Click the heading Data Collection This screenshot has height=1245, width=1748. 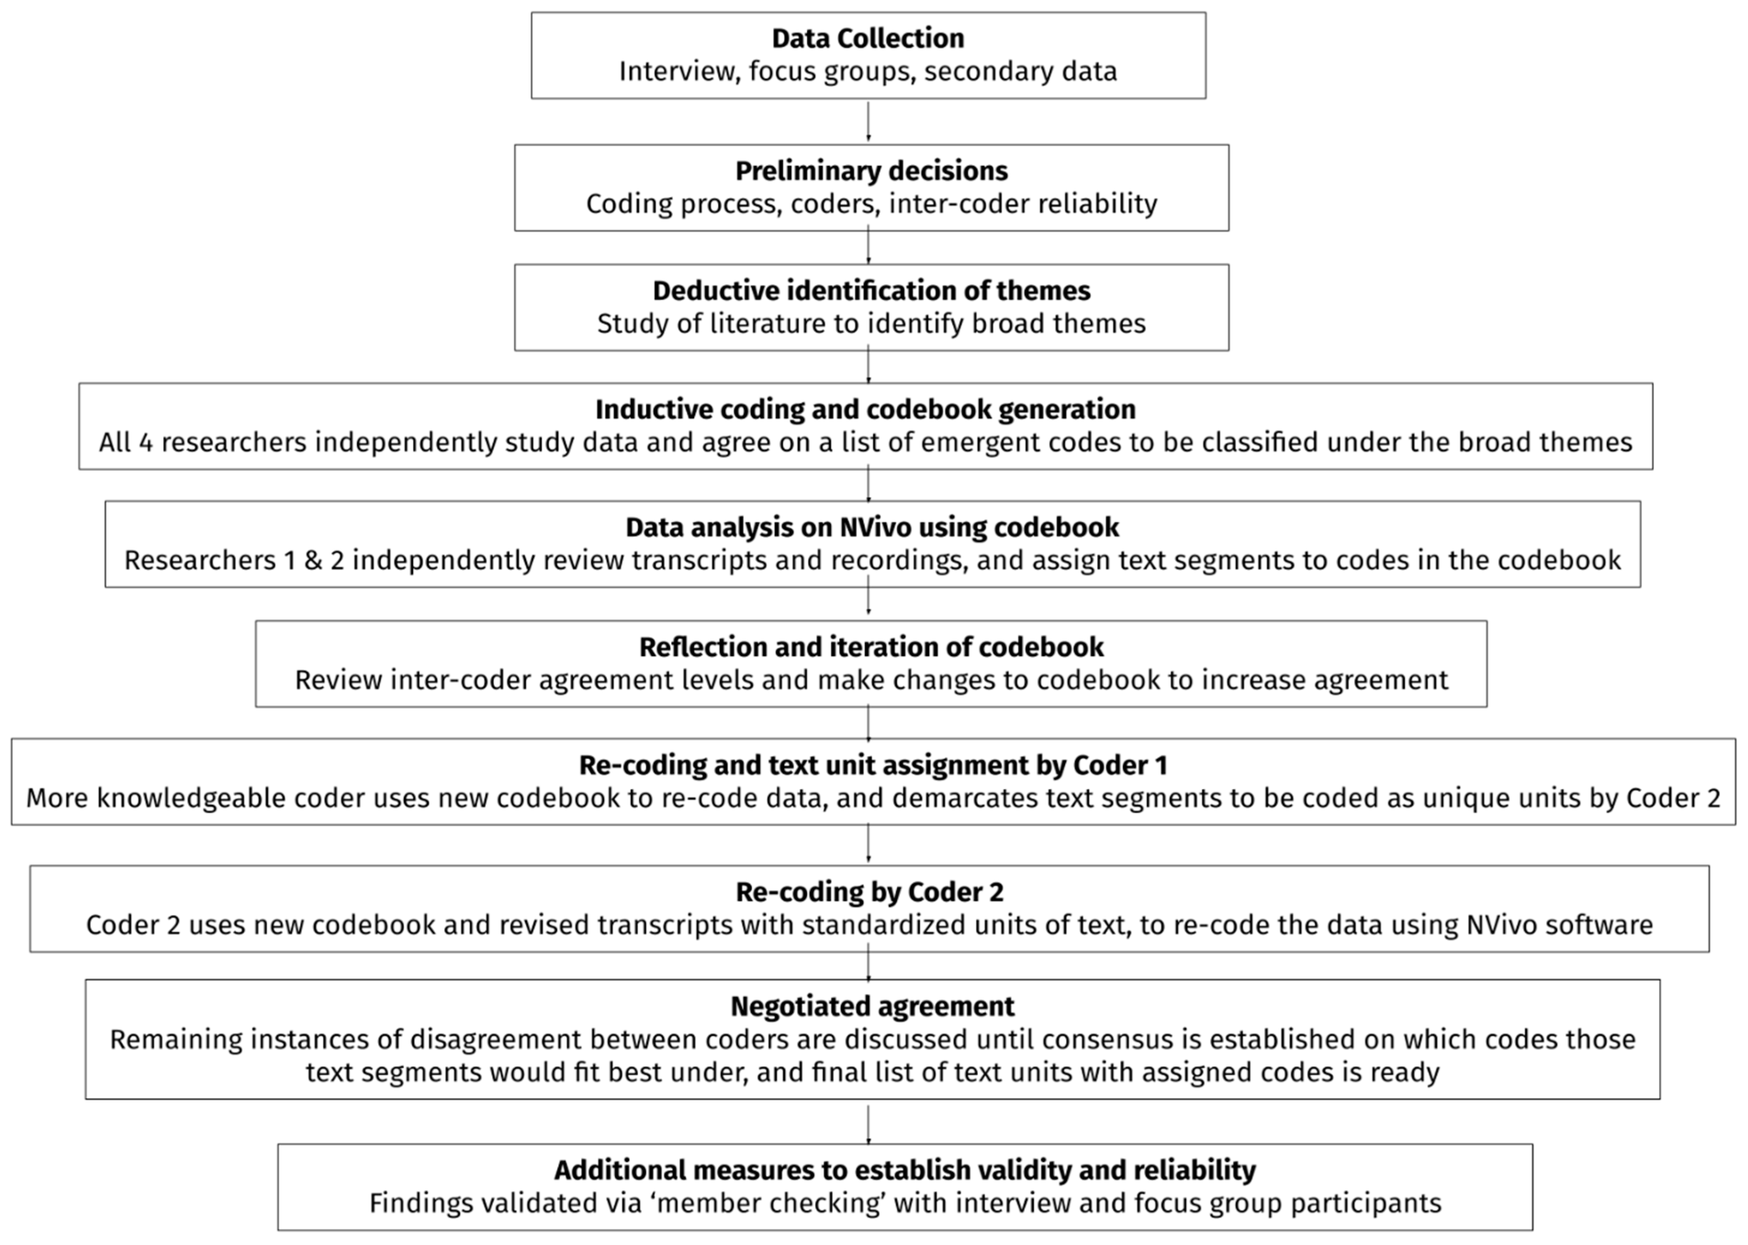[x=868, y=38]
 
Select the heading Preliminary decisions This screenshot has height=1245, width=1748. [x=871, y=171]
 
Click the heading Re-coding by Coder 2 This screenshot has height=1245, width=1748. [x=869, y=892]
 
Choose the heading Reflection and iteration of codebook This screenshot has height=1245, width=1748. [x=871, y=647]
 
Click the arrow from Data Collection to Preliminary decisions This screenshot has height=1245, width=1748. [x=868, y=121]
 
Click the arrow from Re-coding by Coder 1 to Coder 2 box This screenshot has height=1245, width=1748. [x=868, y=845]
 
